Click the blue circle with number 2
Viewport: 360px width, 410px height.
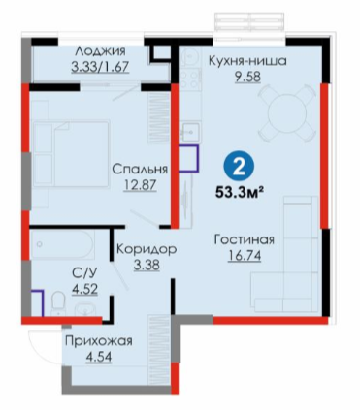pyautogui.click(x=239, y=168)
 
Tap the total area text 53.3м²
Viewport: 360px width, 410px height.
pyautogui.click(x=239, y=193)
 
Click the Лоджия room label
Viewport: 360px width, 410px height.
pyautogui.click(x=100, y=51)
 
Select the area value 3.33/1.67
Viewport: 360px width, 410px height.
pyautogui.click(x=100, y=67)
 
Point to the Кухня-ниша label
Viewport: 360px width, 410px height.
pyautogui.click(x=247, y=61)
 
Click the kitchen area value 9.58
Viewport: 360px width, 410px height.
pyautogui.click(x=247, y=77)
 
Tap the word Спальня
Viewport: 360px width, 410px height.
pyautogui.click(x=140, y=170)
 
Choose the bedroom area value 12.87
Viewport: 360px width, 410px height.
pyautogui.click(x=140, y=185)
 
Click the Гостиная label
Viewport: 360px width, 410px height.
pyautogui.click(x=245, y=239)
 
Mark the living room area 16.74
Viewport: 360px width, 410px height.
pyautogui.click(x=245, y=256)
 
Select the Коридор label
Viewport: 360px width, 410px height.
pyautogui.click(x=147, y=249)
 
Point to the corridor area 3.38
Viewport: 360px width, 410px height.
pyautogui.click(x=147, y=265)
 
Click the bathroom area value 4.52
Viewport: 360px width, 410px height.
pyautogui.click(x=84, y=289)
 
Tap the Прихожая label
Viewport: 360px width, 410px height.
pyautogui.click(x=99, y=341)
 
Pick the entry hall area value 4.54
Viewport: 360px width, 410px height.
pyautogui.click(x=99, y=358)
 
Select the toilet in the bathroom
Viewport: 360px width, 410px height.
pyautogui.click(x=58, y=302)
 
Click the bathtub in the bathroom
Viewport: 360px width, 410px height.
pyautogui.click(x=63, y=244)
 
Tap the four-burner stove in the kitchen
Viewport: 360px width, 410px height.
pyautogui.click(x=189, y=79)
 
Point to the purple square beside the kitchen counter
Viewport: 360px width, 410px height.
pyautogui.click(x=189, y=158)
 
